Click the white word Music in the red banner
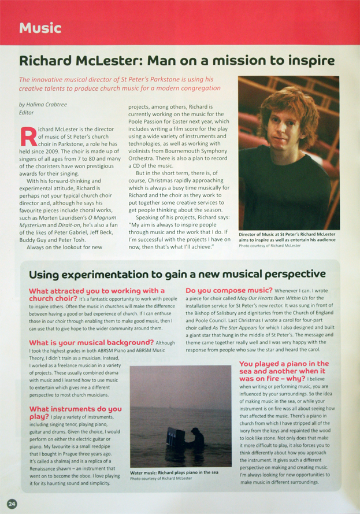tap(40, 27)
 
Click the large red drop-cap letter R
tap(28, 136)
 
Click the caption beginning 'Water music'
tap(174, 472)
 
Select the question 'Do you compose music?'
tap(228, 290)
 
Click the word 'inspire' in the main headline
tap(311, 61)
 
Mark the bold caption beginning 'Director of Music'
tap(287, 237)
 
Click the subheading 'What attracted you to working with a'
tap(97, 290)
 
